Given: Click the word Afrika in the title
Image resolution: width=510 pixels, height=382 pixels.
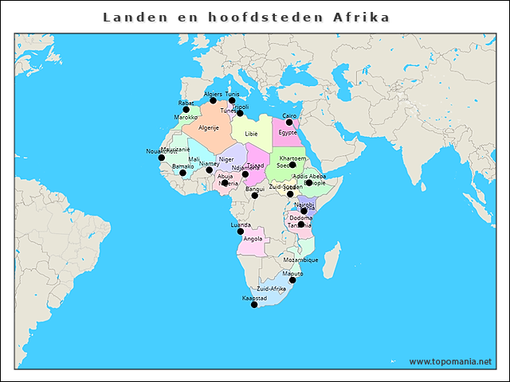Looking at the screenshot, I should click(x=365, y=17).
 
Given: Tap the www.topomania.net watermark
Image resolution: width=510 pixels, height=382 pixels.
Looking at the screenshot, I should click(x=450, y=361).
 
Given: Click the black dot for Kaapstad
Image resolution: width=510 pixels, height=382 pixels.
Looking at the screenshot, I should click(x=254, y=305).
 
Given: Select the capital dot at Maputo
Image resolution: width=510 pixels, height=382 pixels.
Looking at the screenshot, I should click(x=292, y=280).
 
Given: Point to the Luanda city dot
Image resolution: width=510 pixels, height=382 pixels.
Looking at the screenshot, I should click(x=241, y=232).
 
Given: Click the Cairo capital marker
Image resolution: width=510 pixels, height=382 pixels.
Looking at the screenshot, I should click(x=289, y=123).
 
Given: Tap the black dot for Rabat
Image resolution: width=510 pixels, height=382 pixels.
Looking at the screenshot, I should click(x=186, y=110).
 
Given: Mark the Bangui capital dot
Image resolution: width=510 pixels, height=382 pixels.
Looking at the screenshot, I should click(x=255, y=195).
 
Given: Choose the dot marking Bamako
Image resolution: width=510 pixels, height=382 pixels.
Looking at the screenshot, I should click(x=182, y=173).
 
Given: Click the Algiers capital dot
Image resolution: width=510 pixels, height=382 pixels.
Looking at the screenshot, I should click(x=213, y=101).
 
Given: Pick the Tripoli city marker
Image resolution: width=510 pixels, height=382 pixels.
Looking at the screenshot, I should click(x=240, y=113).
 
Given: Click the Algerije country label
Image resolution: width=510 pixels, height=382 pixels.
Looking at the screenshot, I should click(x=208, y=127).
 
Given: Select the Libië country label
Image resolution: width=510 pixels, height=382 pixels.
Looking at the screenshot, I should click(x=252, y=134).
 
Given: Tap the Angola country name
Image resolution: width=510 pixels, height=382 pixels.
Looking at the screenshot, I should click(x=253, y=239).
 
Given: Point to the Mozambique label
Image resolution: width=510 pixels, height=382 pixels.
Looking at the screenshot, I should click(x=300, y=260).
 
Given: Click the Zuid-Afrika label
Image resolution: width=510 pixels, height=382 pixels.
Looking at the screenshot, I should click(x=271, y=288).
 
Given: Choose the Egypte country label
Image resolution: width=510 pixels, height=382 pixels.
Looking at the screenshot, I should click(x=288, y=132).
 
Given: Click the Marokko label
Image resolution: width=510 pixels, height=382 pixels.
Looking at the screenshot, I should click(x=186, y=118).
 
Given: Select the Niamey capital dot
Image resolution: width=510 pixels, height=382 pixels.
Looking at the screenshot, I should click(x=210, y=170).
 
